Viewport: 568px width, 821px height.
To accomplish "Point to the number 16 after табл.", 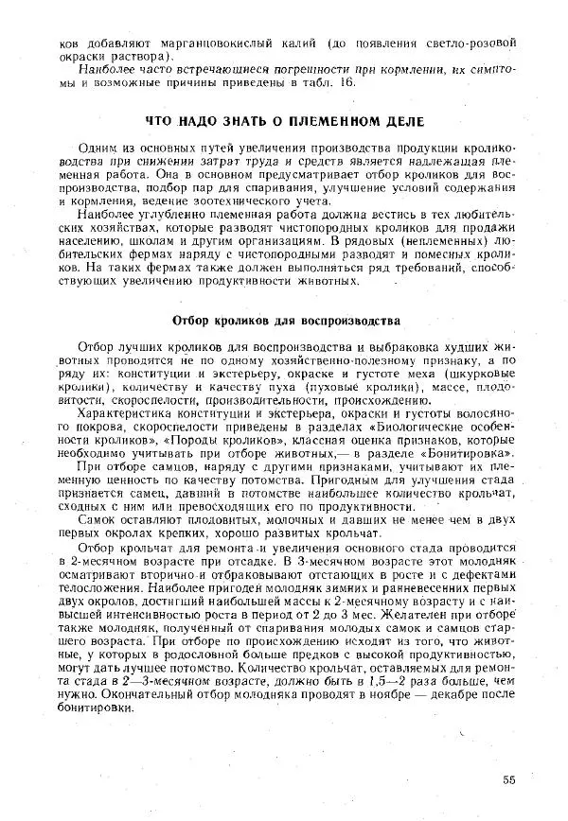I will [x=346, y=82].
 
